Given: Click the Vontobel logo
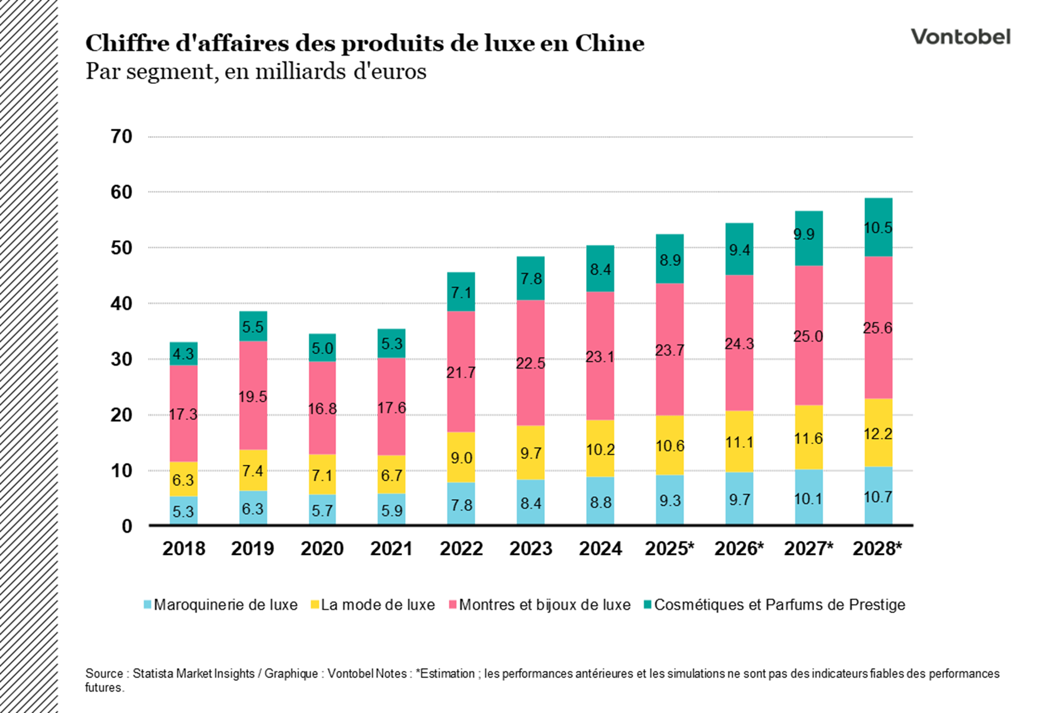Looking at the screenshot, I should (961, 37).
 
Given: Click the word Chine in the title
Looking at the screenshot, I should (609, 43).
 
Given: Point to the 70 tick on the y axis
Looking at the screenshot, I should (121, 136).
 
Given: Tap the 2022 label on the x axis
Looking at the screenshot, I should (461, 548).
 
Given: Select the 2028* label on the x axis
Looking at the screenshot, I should (877, 548).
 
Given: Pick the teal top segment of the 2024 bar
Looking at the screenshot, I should (600, 269).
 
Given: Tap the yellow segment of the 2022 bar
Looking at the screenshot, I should (461, 457).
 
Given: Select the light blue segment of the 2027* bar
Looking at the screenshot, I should (808, 497).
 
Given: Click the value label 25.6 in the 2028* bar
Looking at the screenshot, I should (877, 328).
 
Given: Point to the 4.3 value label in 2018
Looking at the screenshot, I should (183, 354).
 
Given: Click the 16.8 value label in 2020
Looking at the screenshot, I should (322, 409).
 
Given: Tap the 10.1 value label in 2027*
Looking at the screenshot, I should (808, 499).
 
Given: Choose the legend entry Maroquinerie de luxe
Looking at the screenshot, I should (225, 605).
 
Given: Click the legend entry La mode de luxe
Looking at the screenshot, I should (377, 605).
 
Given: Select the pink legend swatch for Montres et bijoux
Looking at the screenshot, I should (453, 605).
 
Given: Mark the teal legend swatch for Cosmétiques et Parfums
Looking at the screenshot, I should (648, 605).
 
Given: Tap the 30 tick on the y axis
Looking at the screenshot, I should (121, 359).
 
